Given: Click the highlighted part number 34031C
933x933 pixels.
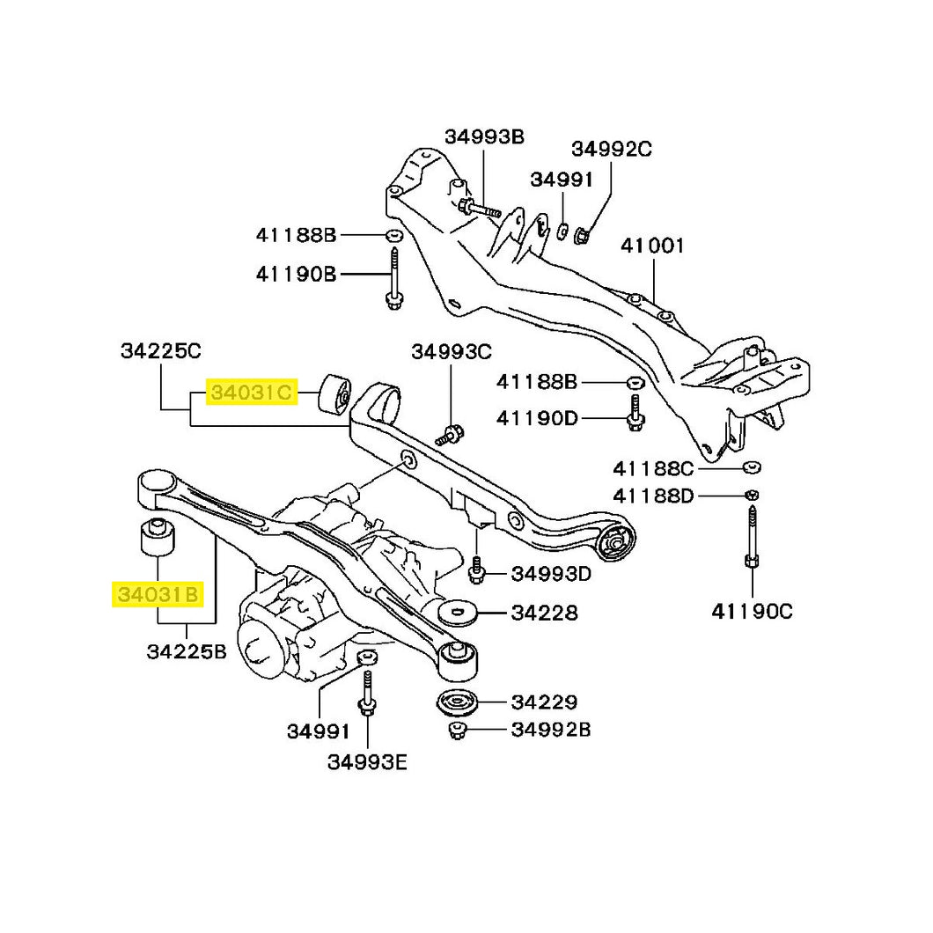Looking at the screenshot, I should [x=250, y=393].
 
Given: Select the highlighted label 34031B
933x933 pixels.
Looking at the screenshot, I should [x=159, y=596].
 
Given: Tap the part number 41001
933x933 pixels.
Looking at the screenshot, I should [x=652, y=245].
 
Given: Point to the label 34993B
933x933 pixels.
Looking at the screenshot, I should [x=484, y=136].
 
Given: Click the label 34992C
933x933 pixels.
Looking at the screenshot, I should [x=612, y=149].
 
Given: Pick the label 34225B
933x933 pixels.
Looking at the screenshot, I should [x=187, y=652].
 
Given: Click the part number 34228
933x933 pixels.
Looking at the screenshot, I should [x=545, y=613].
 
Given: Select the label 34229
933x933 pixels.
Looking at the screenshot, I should [x=545, y=702].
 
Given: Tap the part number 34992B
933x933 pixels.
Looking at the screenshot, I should [x=551, y=729].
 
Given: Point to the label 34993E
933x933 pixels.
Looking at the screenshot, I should [x=367, y=762].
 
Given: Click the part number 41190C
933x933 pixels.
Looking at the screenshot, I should [x=752, y=610].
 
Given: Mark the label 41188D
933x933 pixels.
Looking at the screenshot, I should [x=653, y=497].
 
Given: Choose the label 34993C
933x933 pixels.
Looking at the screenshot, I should [x=451, y=352].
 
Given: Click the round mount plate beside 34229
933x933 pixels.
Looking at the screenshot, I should [x=457, y=703].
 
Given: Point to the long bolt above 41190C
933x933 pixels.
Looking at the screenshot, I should [x=753, y=533].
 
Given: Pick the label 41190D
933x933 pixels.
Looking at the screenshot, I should [x=537, y=417].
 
